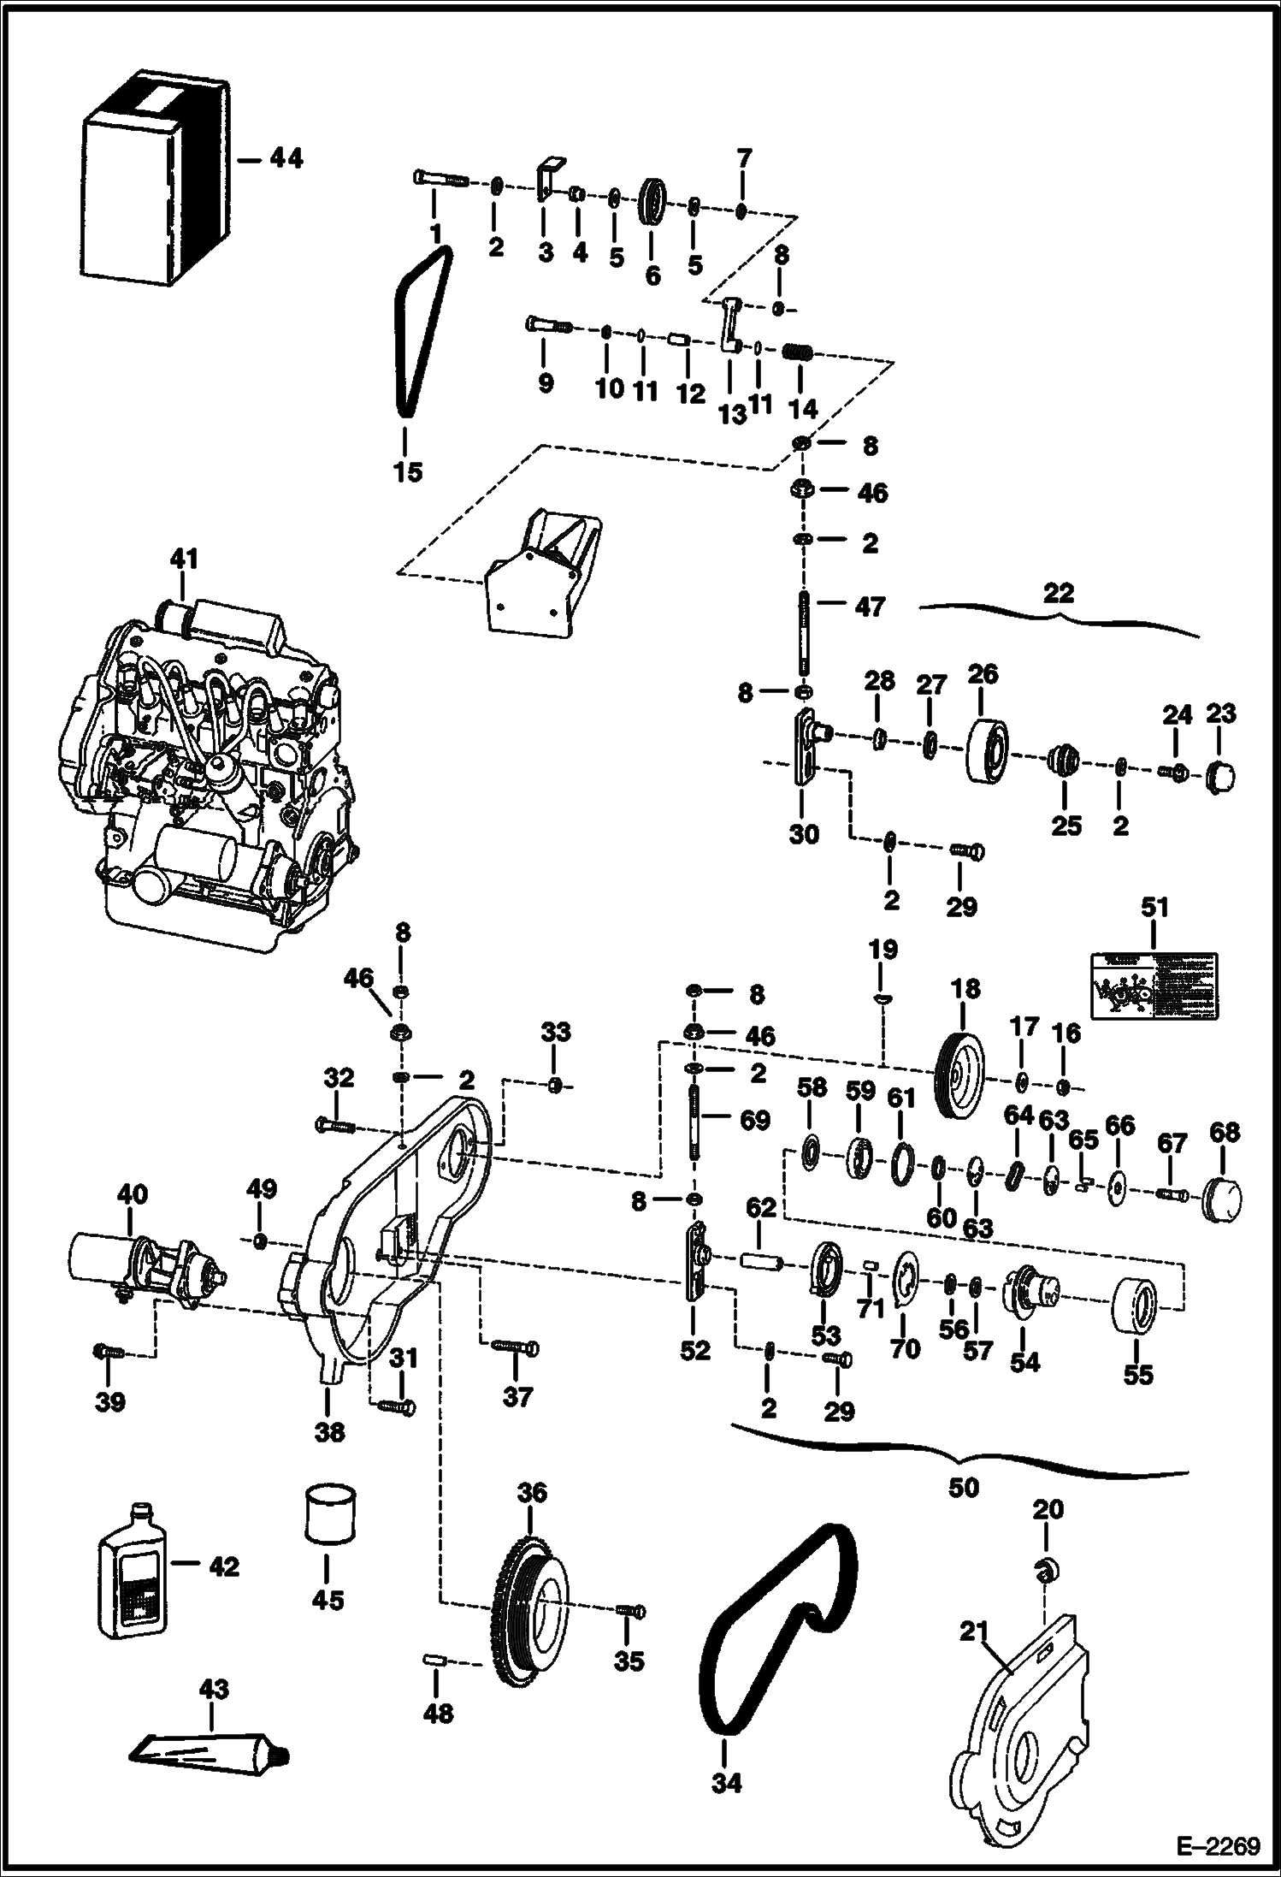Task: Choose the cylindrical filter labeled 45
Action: (x=329, y=1514)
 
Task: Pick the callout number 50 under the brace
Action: (x=963, y=1488)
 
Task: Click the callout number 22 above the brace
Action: (x=1059, y=592)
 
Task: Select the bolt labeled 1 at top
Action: (x=438, y=180)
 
